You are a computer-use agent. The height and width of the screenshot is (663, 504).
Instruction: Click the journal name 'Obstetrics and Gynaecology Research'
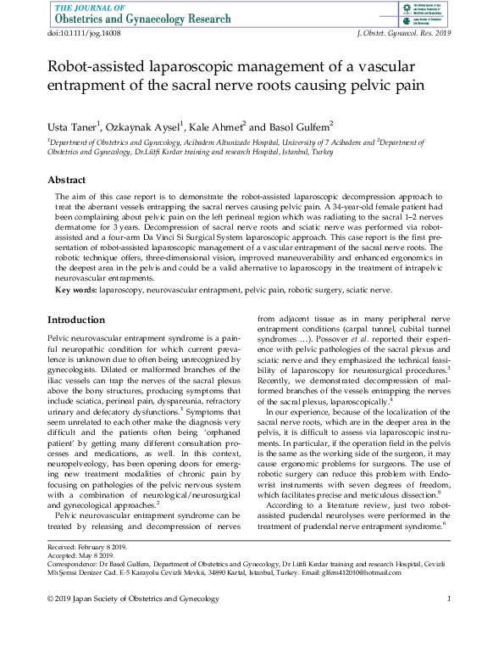pyautogui.click(x=141, y=19)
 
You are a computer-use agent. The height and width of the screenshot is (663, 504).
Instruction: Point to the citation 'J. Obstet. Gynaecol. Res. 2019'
pyautogui.click(x=400, y=32)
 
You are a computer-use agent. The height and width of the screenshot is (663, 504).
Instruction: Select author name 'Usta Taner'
pyautogui.click(x=74, y=125)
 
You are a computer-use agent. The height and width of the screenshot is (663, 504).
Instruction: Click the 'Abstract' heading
pyautogui.click(x=66, y=181)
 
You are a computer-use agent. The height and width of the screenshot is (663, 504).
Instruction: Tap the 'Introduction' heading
pyautogui.click(x=76, y=320)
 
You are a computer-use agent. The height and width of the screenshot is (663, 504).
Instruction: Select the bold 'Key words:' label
pyautogui.click(x=75, y=290)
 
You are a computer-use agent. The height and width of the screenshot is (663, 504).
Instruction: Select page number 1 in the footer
pyautogui.click(x=449, y=600)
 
